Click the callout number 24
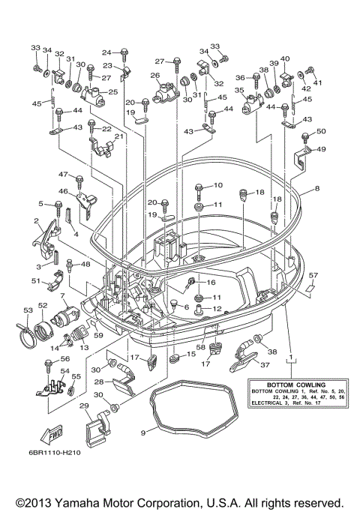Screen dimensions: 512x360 [106, 52]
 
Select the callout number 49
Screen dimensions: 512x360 [321, 149]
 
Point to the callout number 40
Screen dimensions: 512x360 [284, 58]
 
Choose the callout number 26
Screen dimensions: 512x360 [155, 75]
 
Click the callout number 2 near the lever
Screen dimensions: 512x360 [35, 221]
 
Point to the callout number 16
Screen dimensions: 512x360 [211, 282]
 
